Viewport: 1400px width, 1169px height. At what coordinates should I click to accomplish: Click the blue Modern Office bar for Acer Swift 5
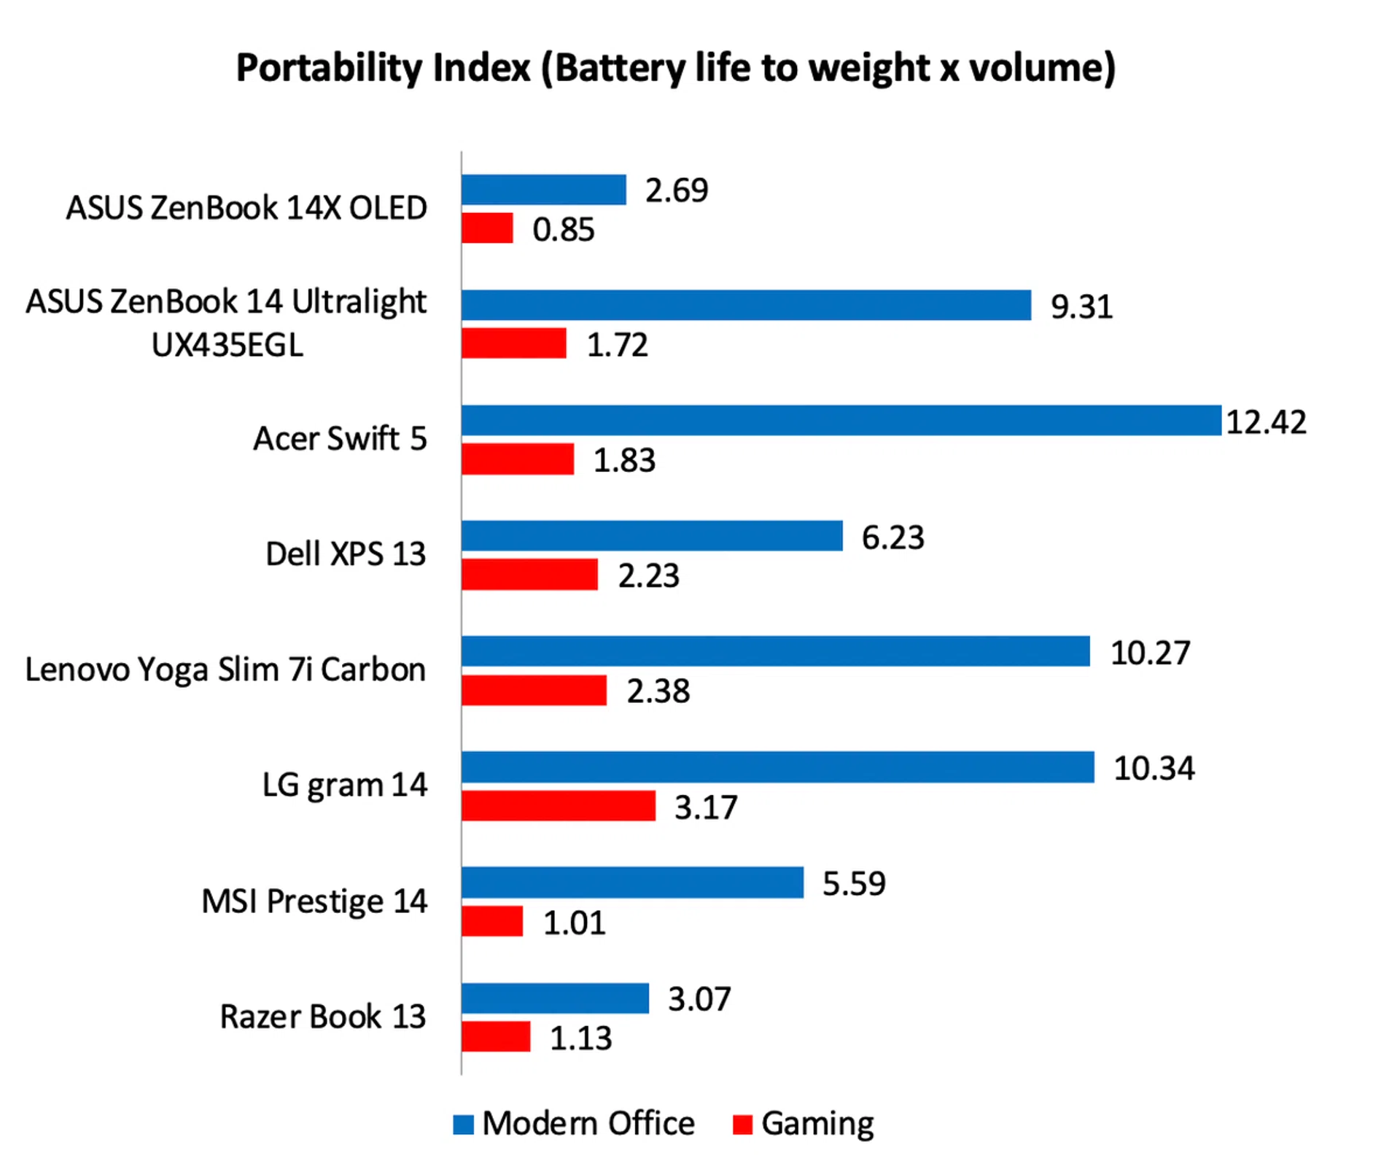(x=841, y=420)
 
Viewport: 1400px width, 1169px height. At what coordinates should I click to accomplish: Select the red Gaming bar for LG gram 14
(x=558, y=806)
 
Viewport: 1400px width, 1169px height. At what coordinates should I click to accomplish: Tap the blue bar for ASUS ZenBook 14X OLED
(x=543, y=190)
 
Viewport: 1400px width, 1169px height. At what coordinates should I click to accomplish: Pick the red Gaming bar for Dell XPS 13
(x=529, y=575)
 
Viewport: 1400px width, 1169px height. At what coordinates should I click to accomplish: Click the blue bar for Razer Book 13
(x=555, y=998)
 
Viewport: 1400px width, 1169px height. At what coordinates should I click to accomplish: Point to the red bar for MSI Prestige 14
(x=492, y=921)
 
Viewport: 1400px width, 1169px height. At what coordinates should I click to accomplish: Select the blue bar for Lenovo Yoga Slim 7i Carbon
(x=775, y=651)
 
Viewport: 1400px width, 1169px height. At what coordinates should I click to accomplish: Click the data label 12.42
(x=1266, y=422)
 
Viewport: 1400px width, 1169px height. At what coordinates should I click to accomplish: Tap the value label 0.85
(x=563, y=229)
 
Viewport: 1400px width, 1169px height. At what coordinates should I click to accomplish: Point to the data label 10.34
(x=1154, y=768)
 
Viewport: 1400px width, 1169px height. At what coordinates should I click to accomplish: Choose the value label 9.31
(x=1081, y=306)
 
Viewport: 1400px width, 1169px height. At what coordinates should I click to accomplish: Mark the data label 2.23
(x=648, y=575)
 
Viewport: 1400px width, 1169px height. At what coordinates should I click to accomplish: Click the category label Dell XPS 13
(x=346, y=554)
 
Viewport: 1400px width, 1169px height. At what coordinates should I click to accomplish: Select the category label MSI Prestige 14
(x=314, y=901)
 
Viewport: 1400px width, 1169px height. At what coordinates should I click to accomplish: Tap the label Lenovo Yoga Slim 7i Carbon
(x=225, y=669)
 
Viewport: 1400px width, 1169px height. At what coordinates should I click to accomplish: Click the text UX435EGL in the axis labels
(x=227, y=345)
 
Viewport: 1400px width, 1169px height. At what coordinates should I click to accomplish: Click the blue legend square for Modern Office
(x=463, y=1124)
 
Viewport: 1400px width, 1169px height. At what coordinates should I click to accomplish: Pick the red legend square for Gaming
(x=742, y=1124)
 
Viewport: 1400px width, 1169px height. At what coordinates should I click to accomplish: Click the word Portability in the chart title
(x=327, y=68)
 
